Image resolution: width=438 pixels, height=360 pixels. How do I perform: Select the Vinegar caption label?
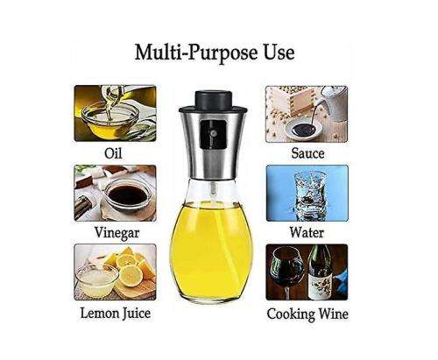[115, 233]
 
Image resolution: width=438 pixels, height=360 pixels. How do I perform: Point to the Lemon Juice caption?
[115, 313]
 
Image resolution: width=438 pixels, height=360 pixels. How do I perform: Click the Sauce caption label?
[307, 153]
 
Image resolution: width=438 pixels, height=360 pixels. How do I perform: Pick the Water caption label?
[307, 233]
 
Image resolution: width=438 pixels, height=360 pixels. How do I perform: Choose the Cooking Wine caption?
[307, 314]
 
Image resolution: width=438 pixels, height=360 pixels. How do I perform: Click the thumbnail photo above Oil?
[115, 113]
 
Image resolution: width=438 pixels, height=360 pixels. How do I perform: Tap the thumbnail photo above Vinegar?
[115, 193]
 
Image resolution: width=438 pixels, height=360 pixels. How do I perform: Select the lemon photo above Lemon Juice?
[115, 272]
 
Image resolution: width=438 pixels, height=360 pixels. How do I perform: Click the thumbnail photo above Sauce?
[307, 113]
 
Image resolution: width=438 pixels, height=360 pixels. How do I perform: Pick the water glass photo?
[307, 193]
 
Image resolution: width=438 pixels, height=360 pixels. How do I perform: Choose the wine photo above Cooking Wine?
[307, 272]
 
